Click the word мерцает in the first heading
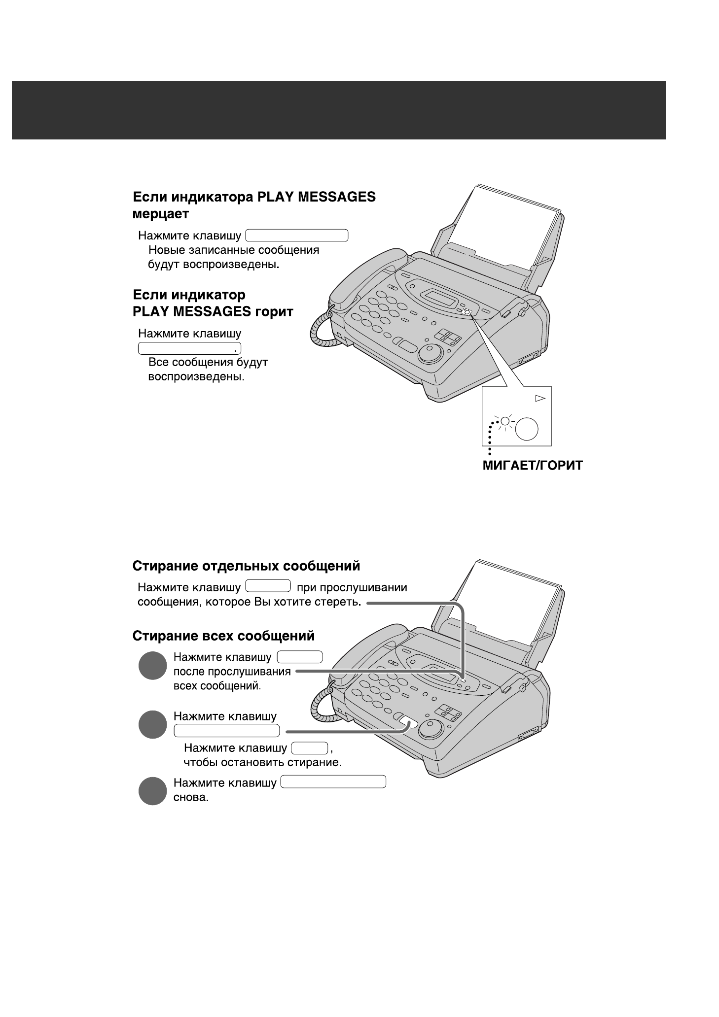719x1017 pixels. pos(161,214)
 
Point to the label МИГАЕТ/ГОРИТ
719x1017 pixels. pos(533,466)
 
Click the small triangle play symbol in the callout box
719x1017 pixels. pos(540,398)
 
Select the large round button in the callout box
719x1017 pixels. pos(527,428)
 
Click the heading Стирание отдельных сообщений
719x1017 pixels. pos(246,566)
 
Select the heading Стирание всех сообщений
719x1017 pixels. pos(223,636)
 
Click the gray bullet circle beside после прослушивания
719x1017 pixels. pos(152,666)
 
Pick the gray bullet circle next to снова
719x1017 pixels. pos(152,791)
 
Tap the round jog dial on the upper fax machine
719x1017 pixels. pos(431,354)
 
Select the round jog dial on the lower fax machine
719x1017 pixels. pos(431,729)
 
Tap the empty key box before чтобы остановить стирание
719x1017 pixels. pos(310,748)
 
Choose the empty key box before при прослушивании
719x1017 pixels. pos(268,586)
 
